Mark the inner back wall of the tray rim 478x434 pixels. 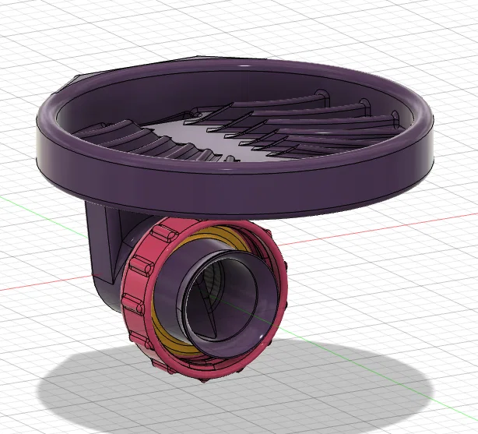coord(234,82)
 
